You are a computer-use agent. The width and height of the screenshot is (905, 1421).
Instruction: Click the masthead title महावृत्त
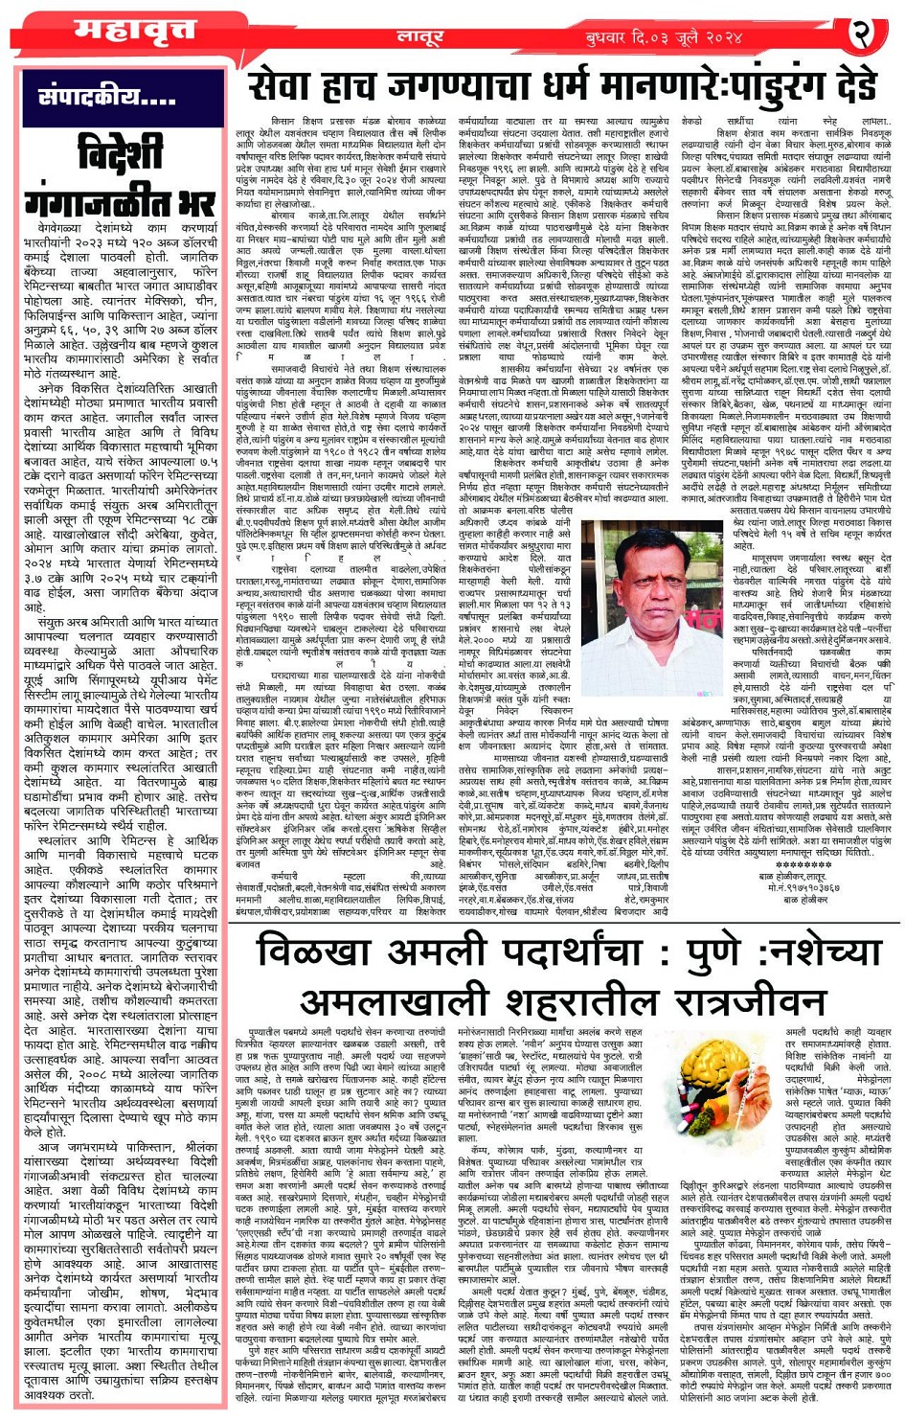tap(122, 32)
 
